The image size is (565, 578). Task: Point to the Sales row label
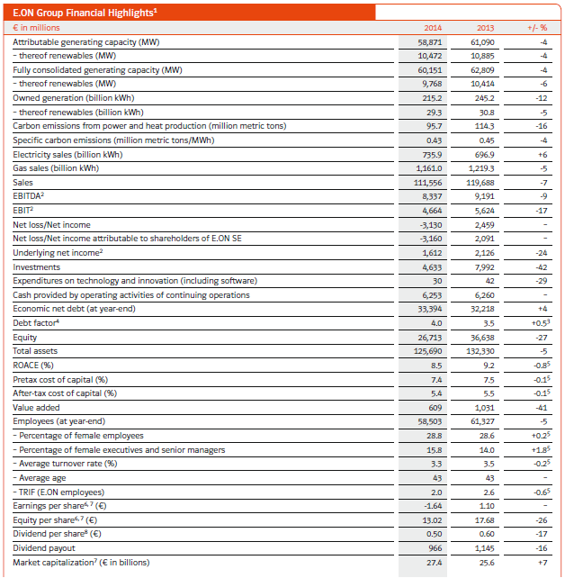point(23,183)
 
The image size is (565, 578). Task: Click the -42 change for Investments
point(541,267)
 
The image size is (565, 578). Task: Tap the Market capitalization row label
point(82,563)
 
